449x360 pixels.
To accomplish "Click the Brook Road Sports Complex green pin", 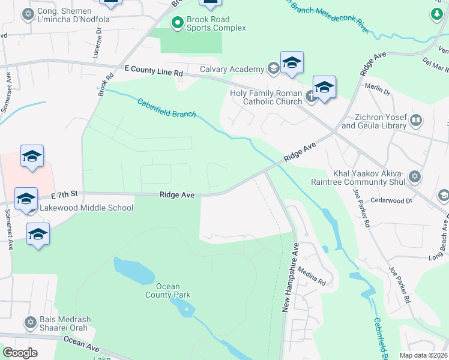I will [177, 23].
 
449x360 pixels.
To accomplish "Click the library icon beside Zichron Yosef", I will [416, 122].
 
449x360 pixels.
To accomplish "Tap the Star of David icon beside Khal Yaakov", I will [415, 176].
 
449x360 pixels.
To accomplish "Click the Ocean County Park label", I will [168, 290].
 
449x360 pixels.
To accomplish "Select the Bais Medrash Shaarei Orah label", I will [62, 324].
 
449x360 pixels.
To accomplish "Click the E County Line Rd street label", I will [154, 72].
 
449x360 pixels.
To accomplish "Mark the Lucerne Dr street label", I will [99, 44].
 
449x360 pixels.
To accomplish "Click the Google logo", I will [20, 353].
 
